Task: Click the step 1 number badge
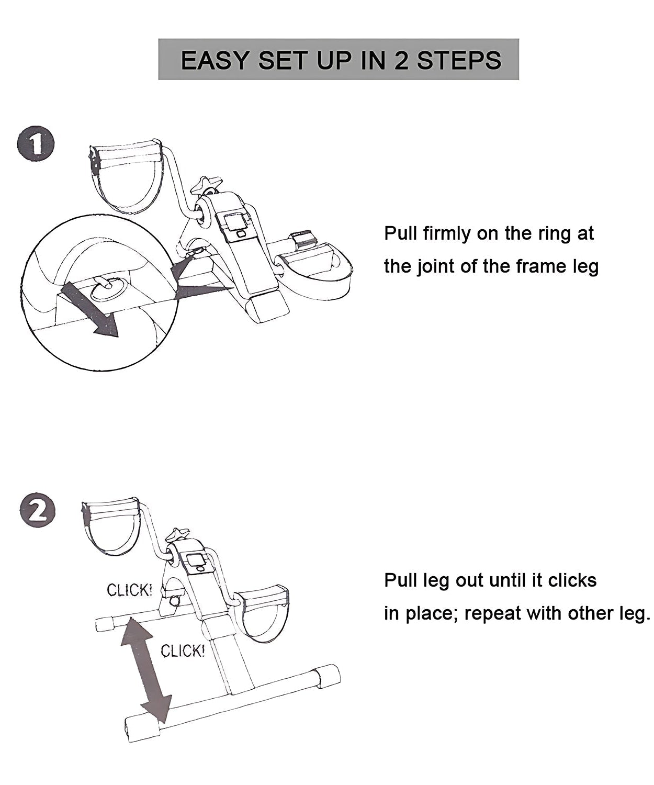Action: pos(36,143)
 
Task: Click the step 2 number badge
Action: pos(37,511)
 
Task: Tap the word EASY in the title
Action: pos(215,60)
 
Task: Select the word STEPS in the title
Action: pos(459,60)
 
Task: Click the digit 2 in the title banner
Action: pos(401,60)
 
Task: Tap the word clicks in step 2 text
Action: pos(572,580)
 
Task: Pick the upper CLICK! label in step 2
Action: pos(130,590)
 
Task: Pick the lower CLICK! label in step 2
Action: pos(183,651)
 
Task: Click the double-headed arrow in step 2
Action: pos(146,670)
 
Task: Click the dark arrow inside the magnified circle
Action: pos(91,310)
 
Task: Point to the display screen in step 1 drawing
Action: pos(236,222)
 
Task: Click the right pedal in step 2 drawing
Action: pos(263,610)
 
